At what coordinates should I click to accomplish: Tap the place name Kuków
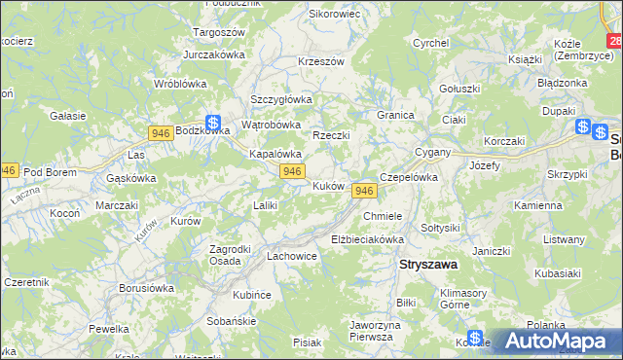point(327,185)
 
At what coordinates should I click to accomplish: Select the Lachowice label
point(292,257)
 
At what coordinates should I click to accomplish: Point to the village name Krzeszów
point(321,61)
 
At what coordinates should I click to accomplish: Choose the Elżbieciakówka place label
point(367,238)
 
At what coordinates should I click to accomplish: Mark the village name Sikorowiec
point(335,15)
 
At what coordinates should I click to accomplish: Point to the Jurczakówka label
point(213,54)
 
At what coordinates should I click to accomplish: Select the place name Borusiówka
point(146,288)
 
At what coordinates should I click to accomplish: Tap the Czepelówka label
point(411,177)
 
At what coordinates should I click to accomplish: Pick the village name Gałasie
point(69,116)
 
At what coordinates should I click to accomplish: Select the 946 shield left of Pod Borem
point(8,169)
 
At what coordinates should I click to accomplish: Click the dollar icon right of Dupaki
point(583,126)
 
